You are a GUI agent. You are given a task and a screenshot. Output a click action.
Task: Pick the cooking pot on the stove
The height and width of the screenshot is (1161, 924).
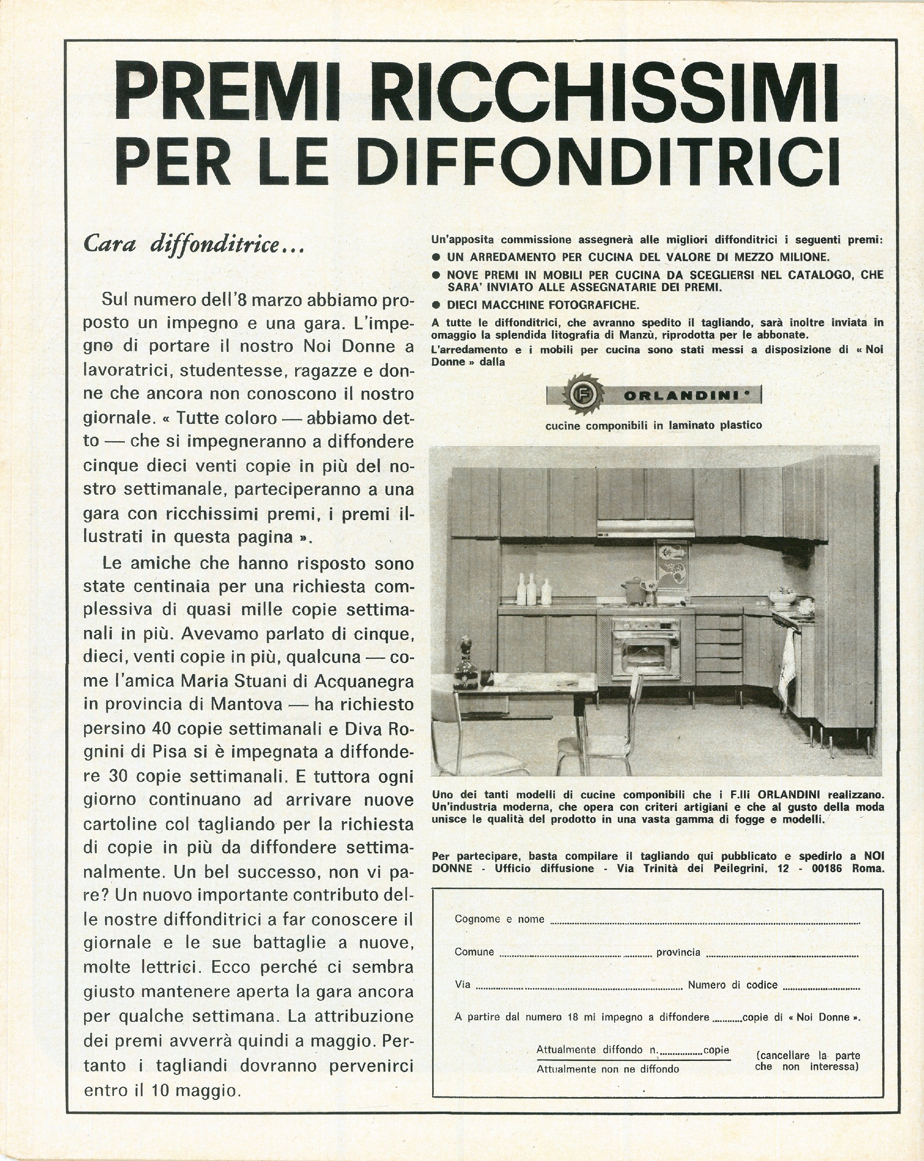[x=634, y=590]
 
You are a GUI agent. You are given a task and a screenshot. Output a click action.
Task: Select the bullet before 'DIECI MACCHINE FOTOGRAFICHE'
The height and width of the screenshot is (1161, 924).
[x=437, y=305]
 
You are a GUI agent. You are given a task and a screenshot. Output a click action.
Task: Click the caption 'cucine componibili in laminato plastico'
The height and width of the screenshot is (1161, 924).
[x=653, y=425]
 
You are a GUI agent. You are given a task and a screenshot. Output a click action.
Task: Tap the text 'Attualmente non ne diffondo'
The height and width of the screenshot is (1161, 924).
[x=607, y=1069]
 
